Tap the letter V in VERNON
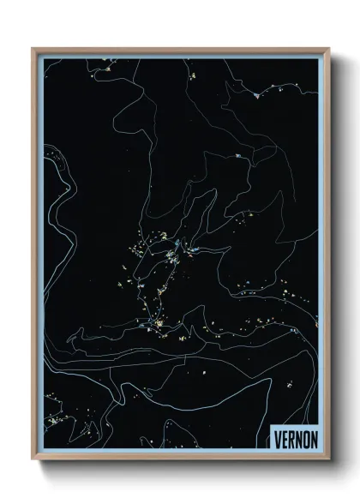[x=278, y=439]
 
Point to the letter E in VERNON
[x=285, y=439]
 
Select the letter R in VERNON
[x=291, y=439]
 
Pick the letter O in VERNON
[x=305, y=439]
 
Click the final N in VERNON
[x=313, y=439]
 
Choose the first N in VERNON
[x=298, y=439]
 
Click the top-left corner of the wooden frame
[x=33, y=49]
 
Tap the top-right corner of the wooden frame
[x=328, y=49]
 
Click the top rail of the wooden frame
[x=180, y=50]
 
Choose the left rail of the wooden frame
[x=34, y=257]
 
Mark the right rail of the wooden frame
[x=327, y=257]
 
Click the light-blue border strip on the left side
[x=40, y=257]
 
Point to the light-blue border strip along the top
[x=180, y=56]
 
